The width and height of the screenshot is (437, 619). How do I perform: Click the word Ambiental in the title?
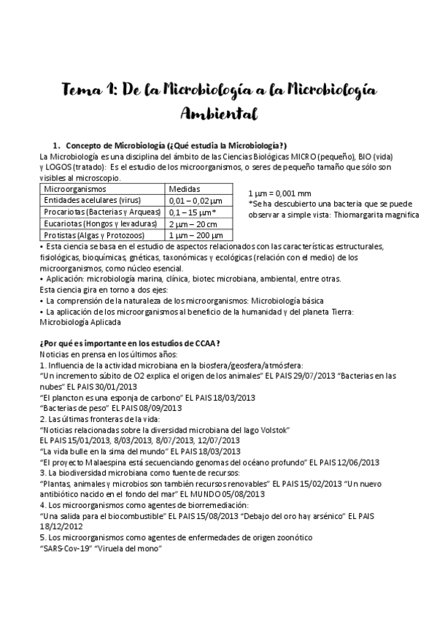pyautogui.click(x=219, y=114)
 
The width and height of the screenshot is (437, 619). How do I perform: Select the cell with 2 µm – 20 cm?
pyautogui.click(x=196, y=223)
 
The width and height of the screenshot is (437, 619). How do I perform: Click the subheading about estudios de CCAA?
pyautogui.click(x=129, y=344)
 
